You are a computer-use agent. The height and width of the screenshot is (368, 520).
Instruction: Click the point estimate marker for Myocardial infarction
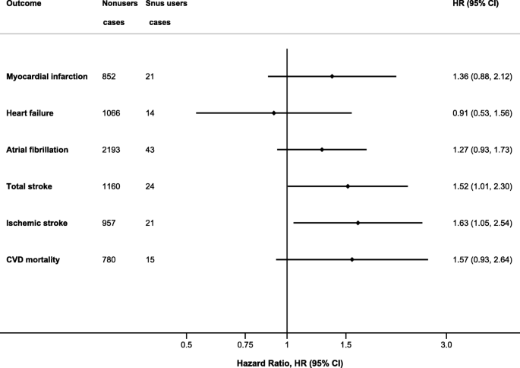(332, 76)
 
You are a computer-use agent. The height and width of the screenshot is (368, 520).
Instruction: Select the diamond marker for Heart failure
(274, 113)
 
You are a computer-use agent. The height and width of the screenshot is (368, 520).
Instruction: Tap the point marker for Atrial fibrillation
(322, 150)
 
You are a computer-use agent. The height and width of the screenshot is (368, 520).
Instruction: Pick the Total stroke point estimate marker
(348, 186)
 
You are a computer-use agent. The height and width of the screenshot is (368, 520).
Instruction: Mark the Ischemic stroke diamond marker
(358, 223)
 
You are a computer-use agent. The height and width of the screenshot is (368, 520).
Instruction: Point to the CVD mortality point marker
(352, 259)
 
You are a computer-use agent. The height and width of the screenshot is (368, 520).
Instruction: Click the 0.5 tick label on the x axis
(187, 345)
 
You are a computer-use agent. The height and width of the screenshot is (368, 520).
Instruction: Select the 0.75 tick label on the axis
(245, 345)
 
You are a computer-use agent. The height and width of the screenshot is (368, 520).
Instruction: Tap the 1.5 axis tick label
(346, 345)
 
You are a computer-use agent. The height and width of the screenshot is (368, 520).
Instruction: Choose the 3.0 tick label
(446, 345)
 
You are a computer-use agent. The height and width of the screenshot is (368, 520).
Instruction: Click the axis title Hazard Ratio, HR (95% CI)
(290, 363)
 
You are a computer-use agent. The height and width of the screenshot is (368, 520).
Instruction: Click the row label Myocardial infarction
(47, 76)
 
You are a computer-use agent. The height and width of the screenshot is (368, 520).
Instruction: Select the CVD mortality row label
(33, 259)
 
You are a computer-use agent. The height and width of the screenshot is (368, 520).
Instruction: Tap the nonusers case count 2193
(111, 150)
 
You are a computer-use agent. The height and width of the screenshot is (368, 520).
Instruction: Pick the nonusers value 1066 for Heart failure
(111, 113)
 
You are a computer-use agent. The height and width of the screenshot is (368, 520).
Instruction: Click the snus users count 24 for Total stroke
(150, 186)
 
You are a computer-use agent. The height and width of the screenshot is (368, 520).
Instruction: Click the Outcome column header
(24, 3)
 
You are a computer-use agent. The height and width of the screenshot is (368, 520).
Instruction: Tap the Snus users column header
(166, 3)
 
